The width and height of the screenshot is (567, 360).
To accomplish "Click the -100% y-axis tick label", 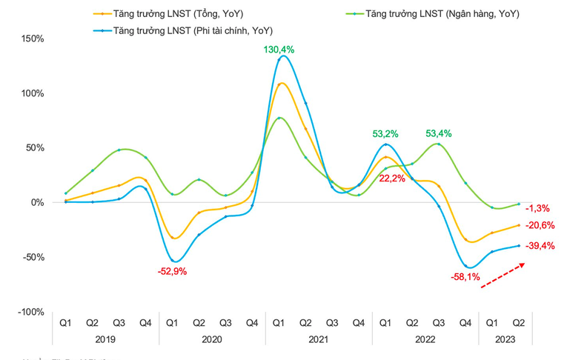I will click(29, 312).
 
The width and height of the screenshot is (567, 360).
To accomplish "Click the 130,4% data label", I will click(279, 50).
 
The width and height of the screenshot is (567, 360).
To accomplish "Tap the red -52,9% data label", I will click(172, 271).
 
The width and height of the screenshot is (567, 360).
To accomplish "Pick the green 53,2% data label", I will click(385, 134).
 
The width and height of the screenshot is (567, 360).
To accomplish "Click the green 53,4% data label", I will click(438, 134).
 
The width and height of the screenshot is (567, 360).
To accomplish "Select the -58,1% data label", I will click(465, 277).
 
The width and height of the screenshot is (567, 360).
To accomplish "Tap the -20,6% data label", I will click(540, 226).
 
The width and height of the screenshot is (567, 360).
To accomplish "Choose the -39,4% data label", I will click(540, 246).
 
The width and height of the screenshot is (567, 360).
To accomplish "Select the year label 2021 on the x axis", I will click(319, 339).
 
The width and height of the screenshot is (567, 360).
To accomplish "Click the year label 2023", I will click(505, 339).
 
